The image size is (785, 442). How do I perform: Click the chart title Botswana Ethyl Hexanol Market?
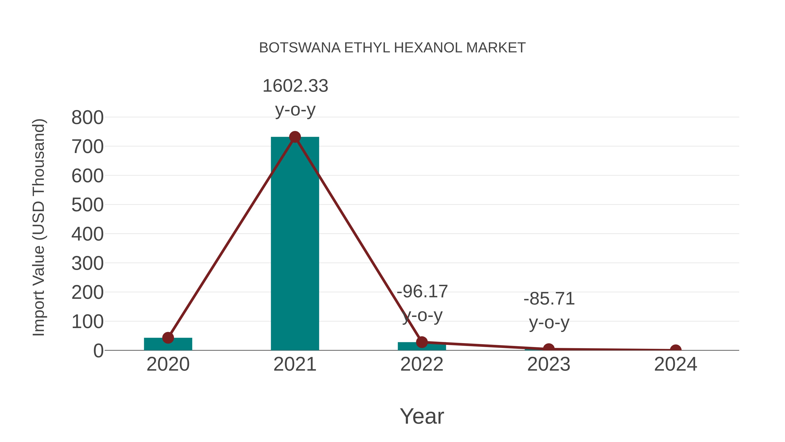392,48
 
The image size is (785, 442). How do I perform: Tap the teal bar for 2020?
168,344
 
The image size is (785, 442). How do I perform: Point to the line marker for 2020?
168,338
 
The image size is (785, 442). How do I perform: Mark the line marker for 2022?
422,342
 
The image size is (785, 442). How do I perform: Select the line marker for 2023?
549,349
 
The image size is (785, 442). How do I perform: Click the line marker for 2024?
676,350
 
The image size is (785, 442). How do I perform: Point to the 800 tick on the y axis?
87,118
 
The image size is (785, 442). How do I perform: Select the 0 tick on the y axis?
98,351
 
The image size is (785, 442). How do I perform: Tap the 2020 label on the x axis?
168,364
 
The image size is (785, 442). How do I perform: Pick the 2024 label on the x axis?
676,364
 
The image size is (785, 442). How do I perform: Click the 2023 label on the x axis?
549,364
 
